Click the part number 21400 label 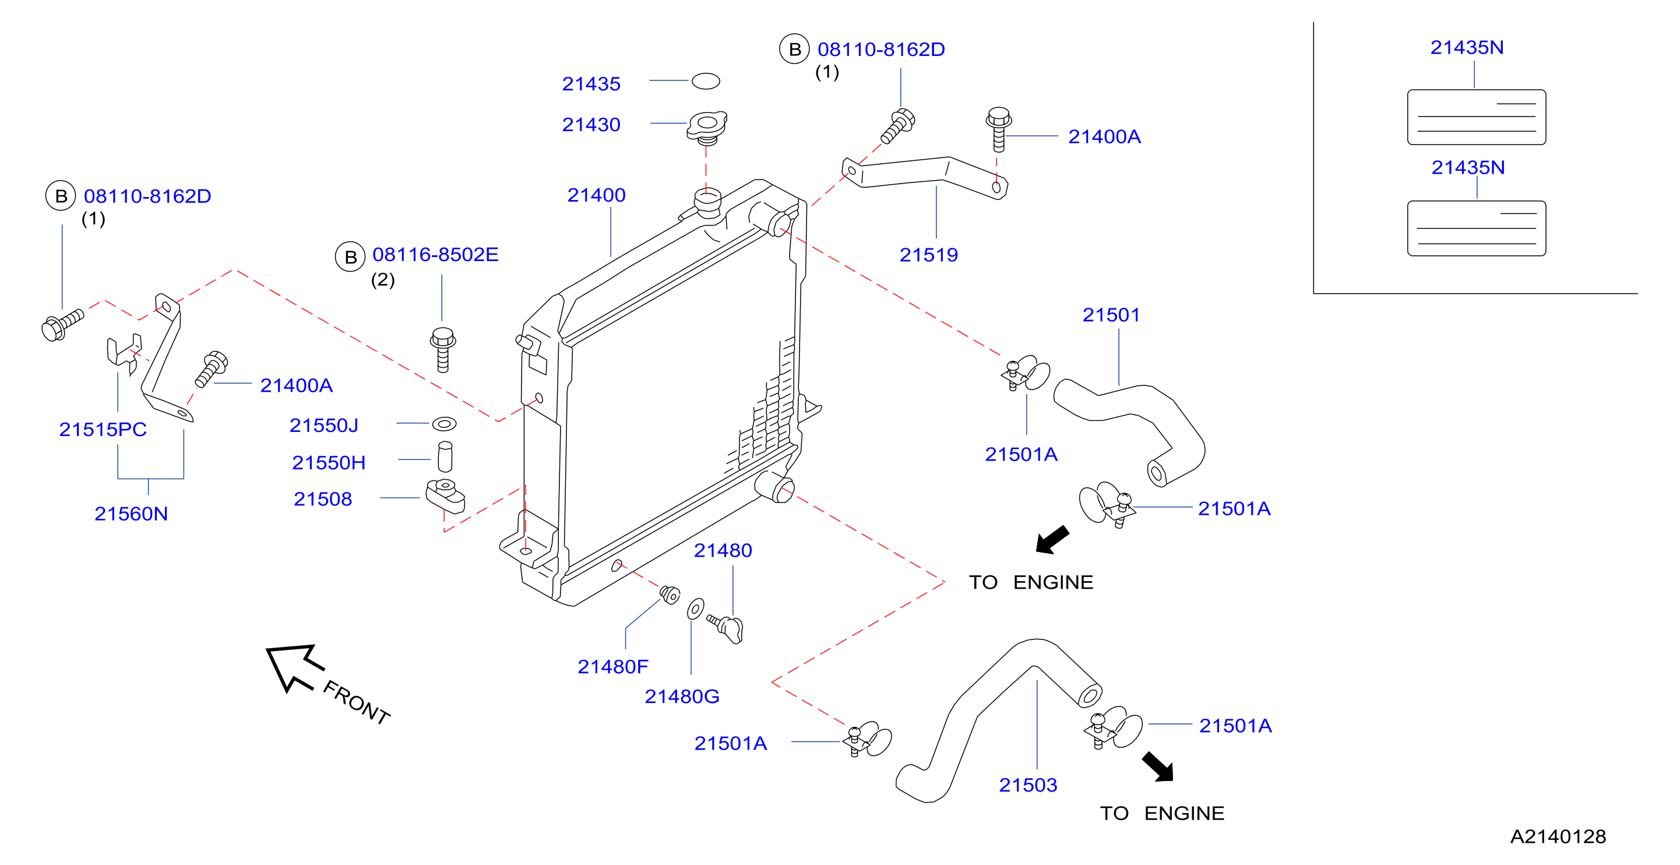(596, 195)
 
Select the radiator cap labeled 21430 (706, 128)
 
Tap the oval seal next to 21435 (706, 81)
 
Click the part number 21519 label (929, 255)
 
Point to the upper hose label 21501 (1111, 315)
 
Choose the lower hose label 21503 (1028, 785)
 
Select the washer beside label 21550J (444, 424)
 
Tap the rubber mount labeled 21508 (445, 497)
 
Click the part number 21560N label (131, 514)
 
